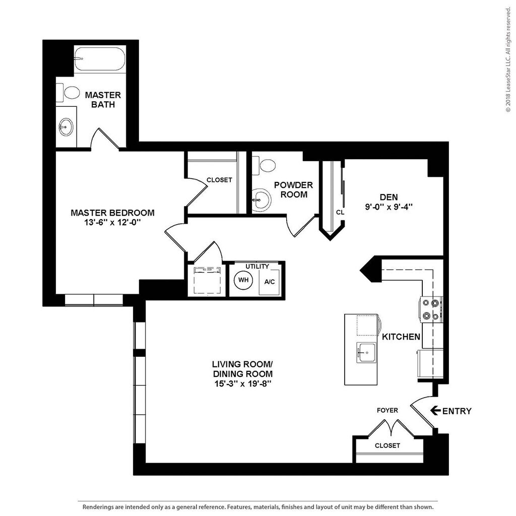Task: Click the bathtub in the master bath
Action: pos(99,60)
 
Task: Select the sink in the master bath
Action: pos(66,126)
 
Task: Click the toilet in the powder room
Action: pos(265,164)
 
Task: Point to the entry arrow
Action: pos(435,411)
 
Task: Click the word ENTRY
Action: pos(457,411)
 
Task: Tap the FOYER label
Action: pos(387,410)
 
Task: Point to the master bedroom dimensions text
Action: pos(112,223)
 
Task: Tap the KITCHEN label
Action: pos(401,336)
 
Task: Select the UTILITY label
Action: pos(257,266)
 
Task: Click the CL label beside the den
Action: pos(340,212)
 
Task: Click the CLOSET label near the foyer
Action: pos(387,445)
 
